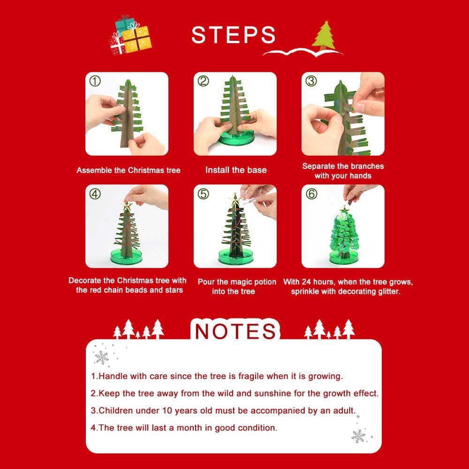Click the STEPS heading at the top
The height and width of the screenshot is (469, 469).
pyautogui.click(x=233, y=35)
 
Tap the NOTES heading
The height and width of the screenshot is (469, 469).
pyautogui.click(x=235, y=331)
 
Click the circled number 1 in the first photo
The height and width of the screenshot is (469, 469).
pyautogui.click(x=95, y=81)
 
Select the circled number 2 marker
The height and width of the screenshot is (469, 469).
pyautogui.click(x=203, y=81)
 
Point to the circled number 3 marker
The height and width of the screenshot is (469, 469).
pyautogui.click(x=311, y=81)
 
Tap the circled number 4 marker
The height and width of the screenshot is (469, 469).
pyautogui.click(x=95, y=194)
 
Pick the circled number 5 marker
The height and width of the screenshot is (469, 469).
pyautogui.click(x=203, y=194)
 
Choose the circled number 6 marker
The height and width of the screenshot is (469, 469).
pyautogui.click(x=311, y=194)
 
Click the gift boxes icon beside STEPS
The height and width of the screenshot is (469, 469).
pyautogui.click(x=130, y=35)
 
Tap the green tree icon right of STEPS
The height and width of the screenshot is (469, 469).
pyautogui.click(x=324, y=35)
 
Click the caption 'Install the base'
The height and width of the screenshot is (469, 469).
pyautogui.click(x=235, y=170)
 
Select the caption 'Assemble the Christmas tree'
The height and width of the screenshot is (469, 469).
pyautogui.click(x=128, y=170)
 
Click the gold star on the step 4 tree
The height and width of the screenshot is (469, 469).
pyautogui.click(x=126, y=205)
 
